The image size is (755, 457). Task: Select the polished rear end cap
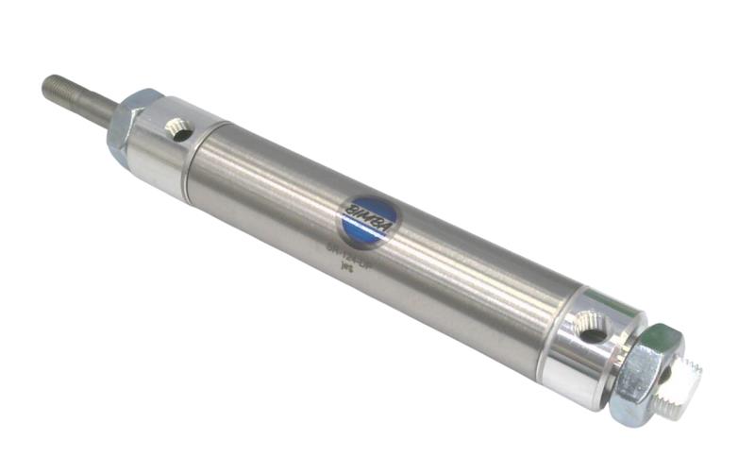pos(580,349)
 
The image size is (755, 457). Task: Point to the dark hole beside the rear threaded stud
pos(663,374)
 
